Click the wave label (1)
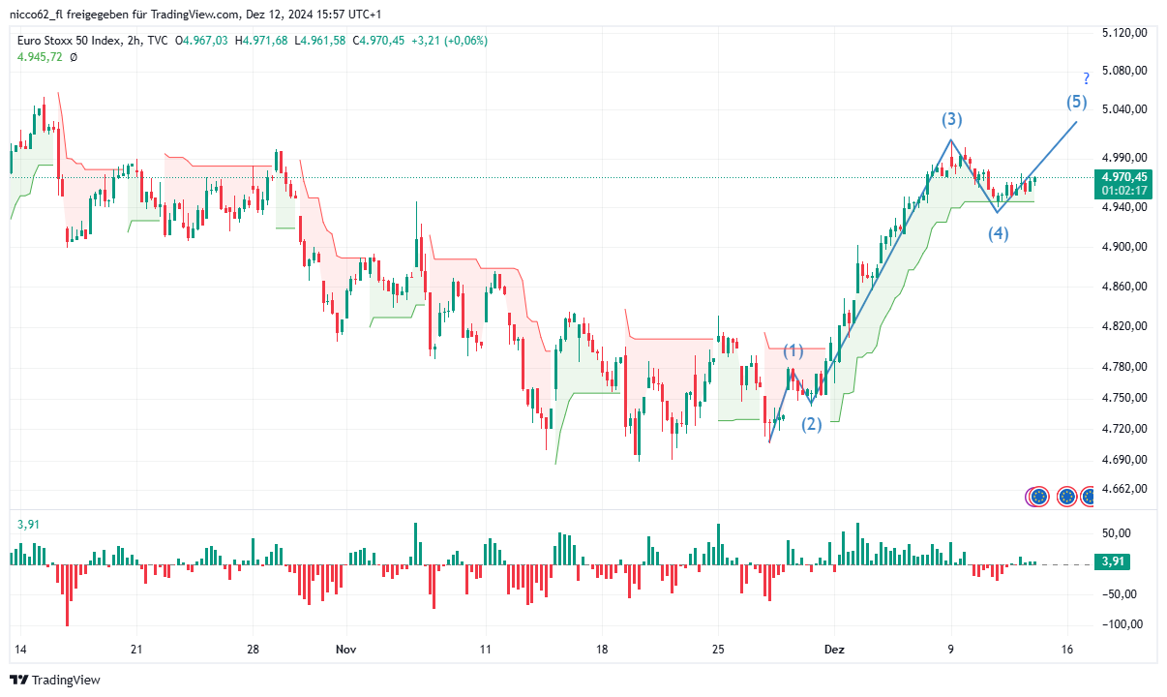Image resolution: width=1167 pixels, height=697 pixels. coord(793,350)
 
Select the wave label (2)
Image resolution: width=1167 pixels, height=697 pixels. coord(811,424)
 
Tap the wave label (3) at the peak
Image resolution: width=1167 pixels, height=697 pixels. coord(952,120)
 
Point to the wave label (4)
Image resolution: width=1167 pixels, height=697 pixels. coord(999,233)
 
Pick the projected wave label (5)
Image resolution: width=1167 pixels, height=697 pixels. coord(1077,102)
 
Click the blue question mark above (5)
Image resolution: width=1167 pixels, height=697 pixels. coord(1087,78)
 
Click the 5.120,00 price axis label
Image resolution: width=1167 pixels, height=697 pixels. coord(1123,33)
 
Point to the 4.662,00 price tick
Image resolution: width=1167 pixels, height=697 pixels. coord(1123,489)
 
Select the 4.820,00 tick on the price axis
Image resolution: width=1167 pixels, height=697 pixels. coord(1123,326)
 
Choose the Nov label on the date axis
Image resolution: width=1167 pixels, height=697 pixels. coord(345,651)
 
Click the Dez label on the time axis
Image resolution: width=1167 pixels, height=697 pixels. coord(834,651)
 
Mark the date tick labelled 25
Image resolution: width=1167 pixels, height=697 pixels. coord(717,651)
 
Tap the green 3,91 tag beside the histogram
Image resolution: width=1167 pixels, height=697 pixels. coord(1114,561)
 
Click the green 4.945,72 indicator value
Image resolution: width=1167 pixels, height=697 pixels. coord(40,57)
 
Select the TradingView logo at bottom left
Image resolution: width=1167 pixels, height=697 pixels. coord(55,681)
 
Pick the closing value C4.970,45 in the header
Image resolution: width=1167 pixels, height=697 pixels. coord(378,41)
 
